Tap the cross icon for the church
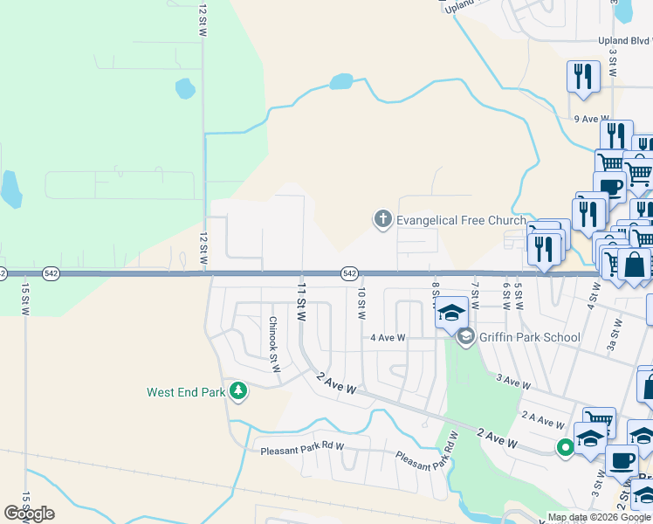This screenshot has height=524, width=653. pyautogui.click(x=382, y=219)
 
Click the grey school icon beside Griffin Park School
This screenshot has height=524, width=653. pyautogui.click(x=466, y=336)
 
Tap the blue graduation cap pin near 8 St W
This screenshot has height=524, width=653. pyautogui.click(x=451, y=312)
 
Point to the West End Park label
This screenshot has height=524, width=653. pyautogui.click(x=186, y=392)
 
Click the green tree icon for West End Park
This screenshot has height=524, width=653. pyautogui.click(x=237, y=392)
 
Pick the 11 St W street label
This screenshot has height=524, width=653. pyautogui.click(x=301, y=303)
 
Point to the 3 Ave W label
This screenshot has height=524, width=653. pyautogui.click(x=513, y=382)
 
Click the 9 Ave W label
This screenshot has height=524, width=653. pyautogui.click(x=590, y=119)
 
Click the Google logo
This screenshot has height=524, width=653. pyautogui.click(x=29, y=514)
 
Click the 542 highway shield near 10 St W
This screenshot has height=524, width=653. pyautogui.click(x=349, y=273)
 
